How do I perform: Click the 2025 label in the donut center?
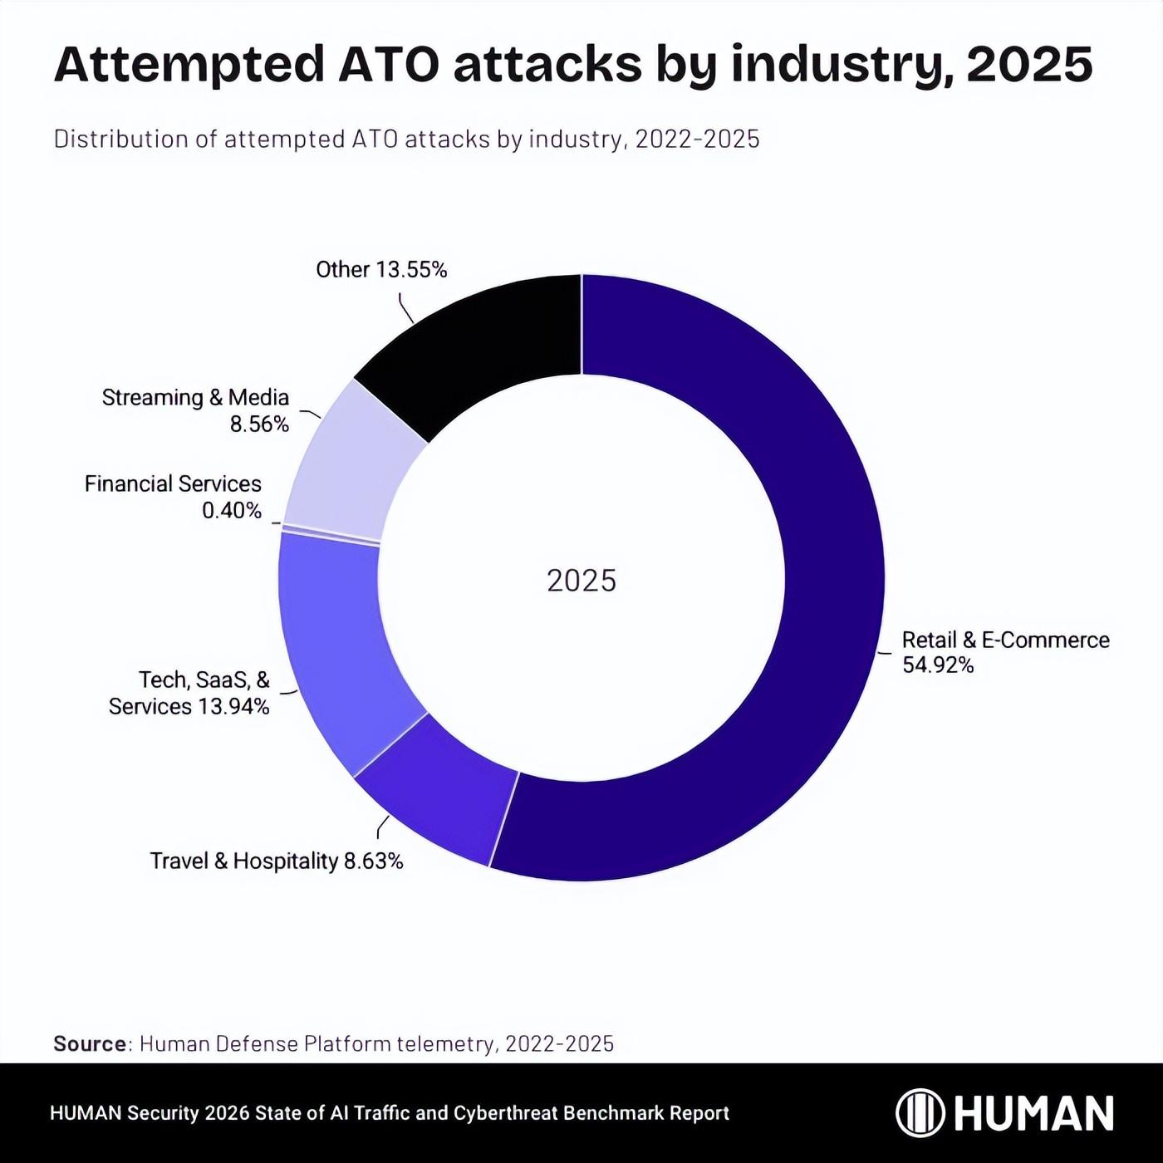(x=581, y=581)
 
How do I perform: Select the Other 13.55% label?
(x=381, y=270)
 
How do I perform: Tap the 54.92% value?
(x=938, y=665)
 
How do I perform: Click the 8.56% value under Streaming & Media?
(x=259, y=424)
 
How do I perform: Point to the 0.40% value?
(x=232, y=511)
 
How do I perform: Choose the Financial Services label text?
(x=173, y=484)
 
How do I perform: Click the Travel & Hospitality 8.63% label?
(x=276, y=861)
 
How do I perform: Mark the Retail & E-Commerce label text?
(x=1005, y=640)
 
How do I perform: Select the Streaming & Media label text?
(x=195, y=398)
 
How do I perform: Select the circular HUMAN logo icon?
(x=920, y=1113)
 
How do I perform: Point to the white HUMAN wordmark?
(x=1033, y=1113)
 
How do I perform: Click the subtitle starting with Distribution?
(x=406, y=139)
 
